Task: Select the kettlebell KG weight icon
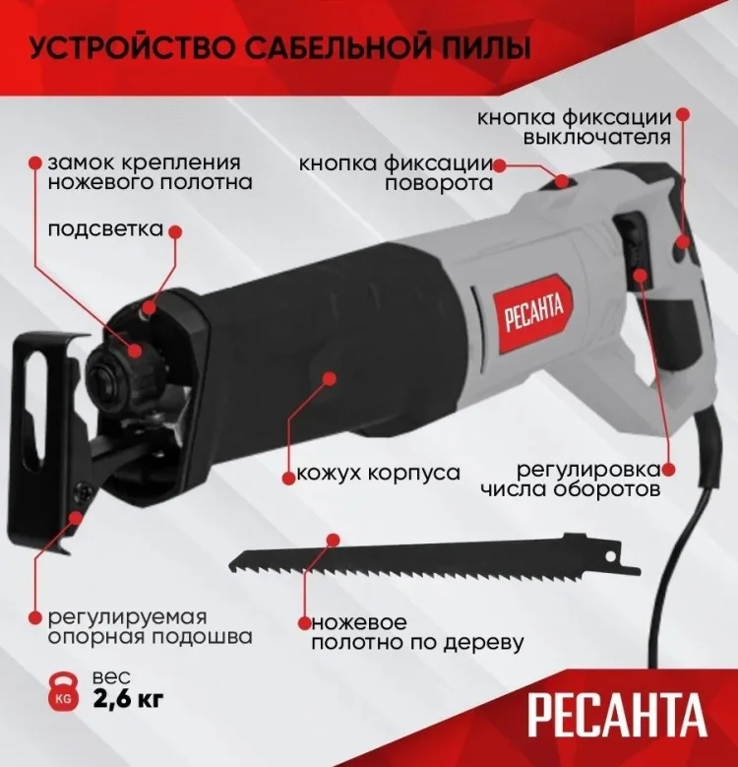[x=63, y=691]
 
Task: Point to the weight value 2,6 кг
[x=129, y=699]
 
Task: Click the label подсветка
[x=105, y=229]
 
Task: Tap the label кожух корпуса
[x=379, y=473]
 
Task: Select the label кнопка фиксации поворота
[x=396, y=173]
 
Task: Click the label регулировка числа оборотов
[x=571, y=479]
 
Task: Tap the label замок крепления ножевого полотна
[x=150, y=172]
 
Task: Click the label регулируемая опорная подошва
[x=150, y=627]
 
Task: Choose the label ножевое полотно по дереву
[x=417, y=632]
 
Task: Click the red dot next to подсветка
[x=175, y=231]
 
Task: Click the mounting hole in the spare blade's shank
[x=609, y=556]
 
